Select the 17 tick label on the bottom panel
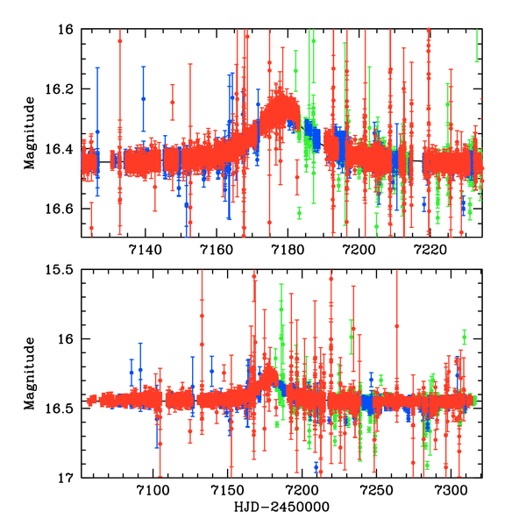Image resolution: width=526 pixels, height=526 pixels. click(68, 478)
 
